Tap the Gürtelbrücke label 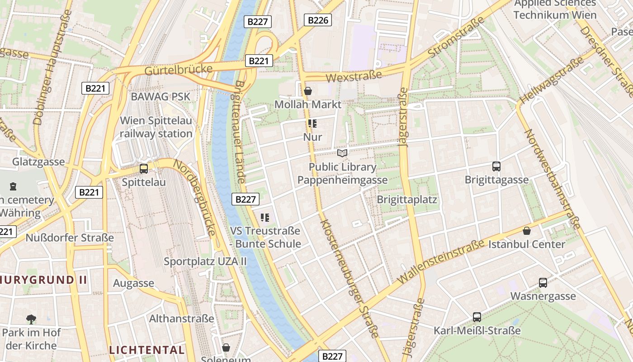tap(178, 70)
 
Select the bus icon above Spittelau tap(144, 169)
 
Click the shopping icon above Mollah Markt tap(308, 91)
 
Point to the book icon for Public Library tap(342, 153)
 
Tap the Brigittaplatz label tap(407, 200)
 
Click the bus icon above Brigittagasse tap(496, 167)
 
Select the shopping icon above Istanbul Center tap(527, 231)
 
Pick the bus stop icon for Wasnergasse tap(543, 283)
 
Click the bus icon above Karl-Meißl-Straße tap(477, 317)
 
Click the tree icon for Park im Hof tap(31, 319)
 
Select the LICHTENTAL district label tap(147, 350)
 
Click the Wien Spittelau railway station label tap(156, 127)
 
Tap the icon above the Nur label tap(312, 124)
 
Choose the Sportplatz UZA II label tap(205, 261)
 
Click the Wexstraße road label tap(354, 76)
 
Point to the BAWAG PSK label tap(161, 96)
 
